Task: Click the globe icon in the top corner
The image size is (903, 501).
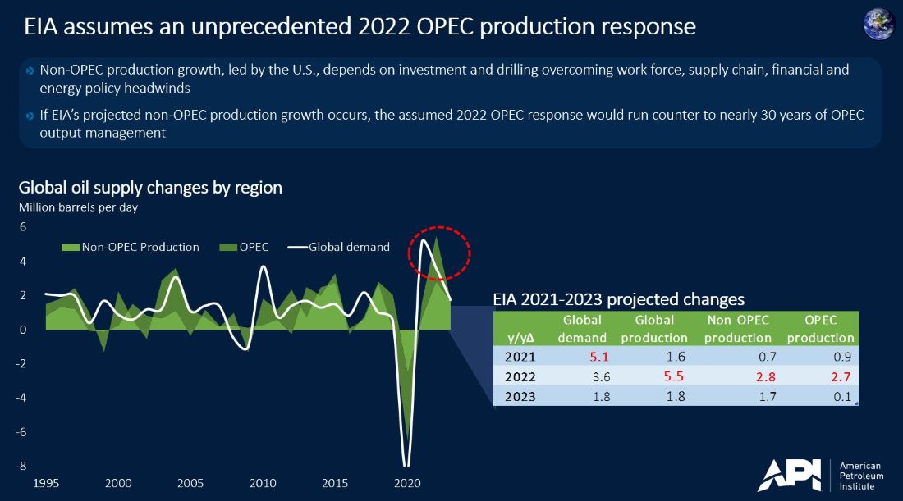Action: (879, 24)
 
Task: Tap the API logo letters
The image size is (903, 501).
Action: (789, 475)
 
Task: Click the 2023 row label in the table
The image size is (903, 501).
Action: (521, 397)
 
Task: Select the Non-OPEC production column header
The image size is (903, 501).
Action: (738, 328)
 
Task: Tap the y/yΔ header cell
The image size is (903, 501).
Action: (521, 337)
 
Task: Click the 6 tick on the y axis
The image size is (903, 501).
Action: (23, 227)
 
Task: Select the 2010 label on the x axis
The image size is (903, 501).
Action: (262, 483)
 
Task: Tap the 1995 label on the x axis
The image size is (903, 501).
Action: (46, 483)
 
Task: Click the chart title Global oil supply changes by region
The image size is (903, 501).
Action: (150, 188)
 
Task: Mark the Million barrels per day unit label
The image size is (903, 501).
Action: (78, 207)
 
